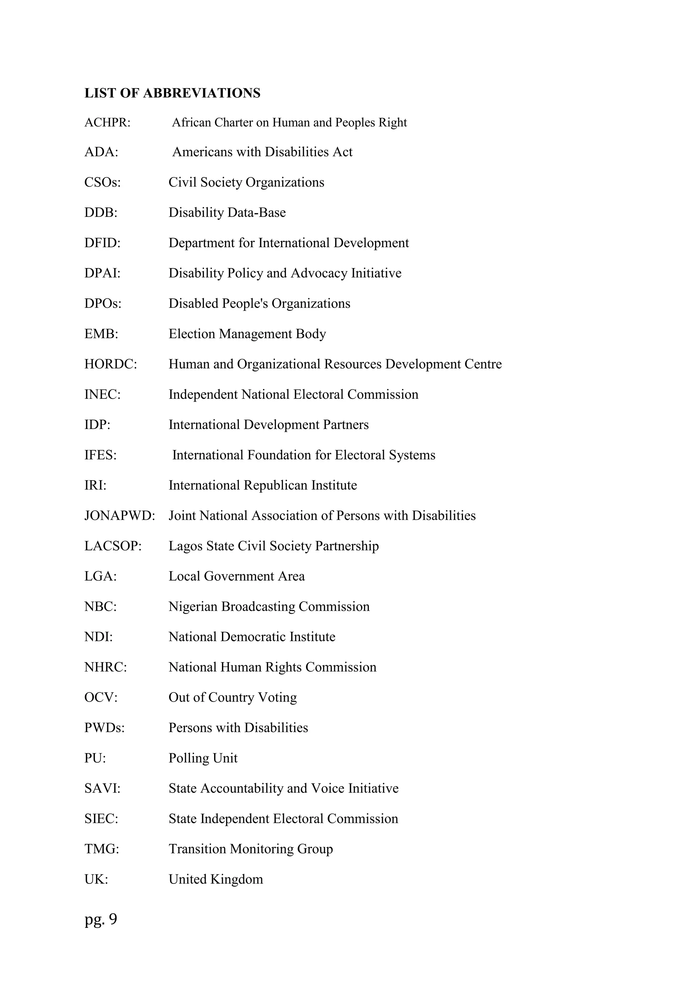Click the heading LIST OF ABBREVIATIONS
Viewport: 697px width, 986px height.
point(172,93)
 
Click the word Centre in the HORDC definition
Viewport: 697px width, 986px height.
point(482,364)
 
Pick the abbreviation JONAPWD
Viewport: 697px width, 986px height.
point(119,516)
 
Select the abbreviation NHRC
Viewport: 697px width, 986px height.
point(105,667)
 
